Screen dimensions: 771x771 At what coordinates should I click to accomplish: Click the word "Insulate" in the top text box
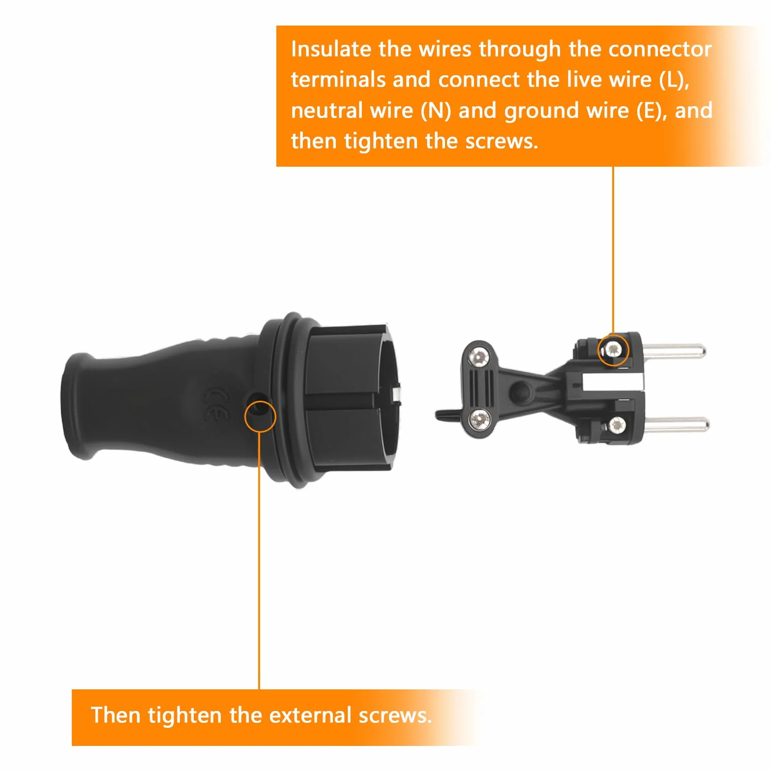click(x=331, y=49)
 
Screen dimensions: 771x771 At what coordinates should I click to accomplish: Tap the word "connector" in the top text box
click(x=660, y=50)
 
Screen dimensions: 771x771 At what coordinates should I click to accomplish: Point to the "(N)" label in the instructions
click(x=436, y=111)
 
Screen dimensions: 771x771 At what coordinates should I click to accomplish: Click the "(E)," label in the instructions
click(x=652, y=111)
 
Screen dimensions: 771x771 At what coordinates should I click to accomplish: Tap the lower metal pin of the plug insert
click(x=677, y=424)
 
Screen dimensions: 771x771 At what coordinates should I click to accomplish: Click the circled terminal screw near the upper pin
click(x=613, y=350)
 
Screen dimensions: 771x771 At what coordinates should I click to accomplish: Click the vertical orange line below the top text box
click(x=613, y=250)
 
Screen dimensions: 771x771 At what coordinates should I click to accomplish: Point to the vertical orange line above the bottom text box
click(x=259, y=561)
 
